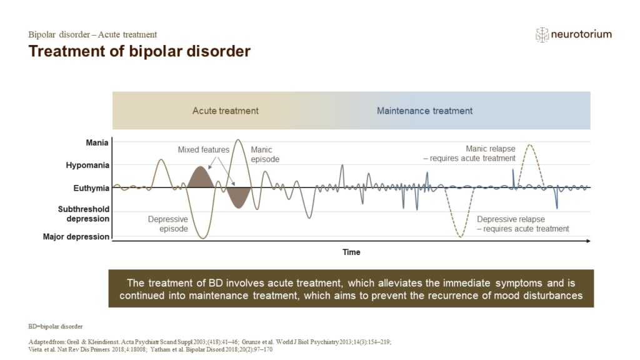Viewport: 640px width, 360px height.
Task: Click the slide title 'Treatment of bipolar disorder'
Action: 139,51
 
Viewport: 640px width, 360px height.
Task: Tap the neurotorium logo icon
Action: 542,35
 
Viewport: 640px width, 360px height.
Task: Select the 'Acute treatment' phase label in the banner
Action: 225,111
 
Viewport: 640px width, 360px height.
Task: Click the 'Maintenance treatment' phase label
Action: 424,111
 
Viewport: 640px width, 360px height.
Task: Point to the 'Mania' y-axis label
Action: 97,142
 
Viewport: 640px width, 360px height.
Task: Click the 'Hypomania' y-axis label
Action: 87,166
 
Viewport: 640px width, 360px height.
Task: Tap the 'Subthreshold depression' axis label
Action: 84,214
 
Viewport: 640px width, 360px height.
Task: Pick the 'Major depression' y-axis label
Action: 76,237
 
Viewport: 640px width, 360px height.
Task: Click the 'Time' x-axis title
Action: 351,252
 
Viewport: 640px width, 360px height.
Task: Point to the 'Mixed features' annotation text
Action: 203,150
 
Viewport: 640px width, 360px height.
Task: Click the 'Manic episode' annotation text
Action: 264,154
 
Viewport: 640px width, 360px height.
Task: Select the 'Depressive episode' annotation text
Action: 167,224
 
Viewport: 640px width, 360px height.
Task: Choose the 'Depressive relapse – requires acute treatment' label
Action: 522,224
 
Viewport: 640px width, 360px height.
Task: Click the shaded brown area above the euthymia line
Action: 199,178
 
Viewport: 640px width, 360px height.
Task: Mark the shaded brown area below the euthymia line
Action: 239,196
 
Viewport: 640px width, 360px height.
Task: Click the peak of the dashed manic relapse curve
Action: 530,145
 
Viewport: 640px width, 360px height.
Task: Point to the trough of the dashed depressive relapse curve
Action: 461,236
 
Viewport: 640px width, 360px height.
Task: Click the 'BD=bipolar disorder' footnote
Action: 55,326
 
